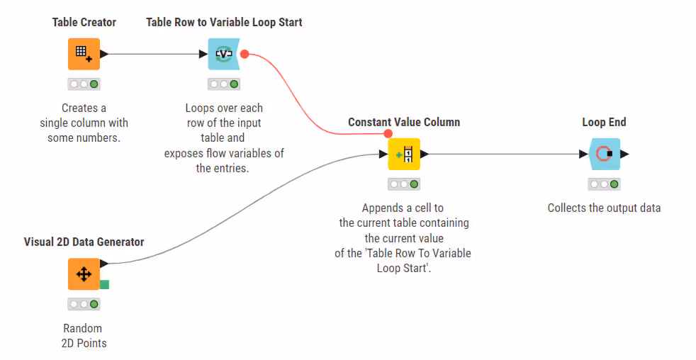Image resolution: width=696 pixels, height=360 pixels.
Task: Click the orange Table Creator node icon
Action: pyautogui.click(x=84, y=54)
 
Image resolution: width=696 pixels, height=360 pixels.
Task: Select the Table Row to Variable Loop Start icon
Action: pyautogui.click(x=224, y=54)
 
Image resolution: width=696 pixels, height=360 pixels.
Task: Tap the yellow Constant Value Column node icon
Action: pyautogui.click(x=404, y=154)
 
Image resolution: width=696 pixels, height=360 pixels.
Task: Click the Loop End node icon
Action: pyautogui.click(x=604, y=154)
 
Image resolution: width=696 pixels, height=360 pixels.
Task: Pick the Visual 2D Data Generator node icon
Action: pyautogui.click(x=84, y=274)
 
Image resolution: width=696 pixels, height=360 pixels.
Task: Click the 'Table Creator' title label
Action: pyautogui.click(x=84, y=23)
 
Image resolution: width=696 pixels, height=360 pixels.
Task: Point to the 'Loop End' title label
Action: pyautogui.click(x=604, y=123)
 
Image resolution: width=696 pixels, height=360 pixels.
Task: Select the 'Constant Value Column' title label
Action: pyautogui.click(x=404, y=123)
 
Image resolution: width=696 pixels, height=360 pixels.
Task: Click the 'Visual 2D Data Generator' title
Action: pyautogui.click(x=84, y=242)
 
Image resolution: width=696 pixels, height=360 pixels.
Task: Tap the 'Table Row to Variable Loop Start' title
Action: pyautogui.click(x=224, y=23)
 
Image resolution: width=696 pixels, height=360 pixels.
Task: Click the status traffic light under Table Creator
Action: pyautogui.click(x=84, y=84)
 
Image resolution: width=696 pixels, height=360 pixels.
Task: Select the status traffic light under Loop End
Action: pyautogui.click(x=604, y=184)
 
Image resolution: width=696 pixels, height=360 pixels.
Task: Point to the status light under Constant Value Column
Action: pyautogui.click(x=404, y=184)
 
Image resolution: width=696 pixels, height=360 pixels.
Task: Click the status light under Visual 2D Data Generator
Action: pyautogui.click(x=84, y=304)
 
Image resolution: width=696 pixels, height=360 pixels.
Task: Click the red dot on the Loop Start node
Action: pyautogui.click(x=245, y=54)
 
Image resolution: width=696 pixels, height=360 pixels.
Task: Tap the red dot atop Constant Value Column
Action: pyautogui.click(x=388, y=133)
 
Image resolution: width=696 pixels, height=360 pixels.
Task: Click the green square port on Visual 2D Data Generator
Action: pyautogui.click(x=104, y=284)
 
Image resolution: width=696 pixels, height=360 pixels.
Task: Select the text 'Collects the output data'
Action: pyautogui.click(x=604, y=208)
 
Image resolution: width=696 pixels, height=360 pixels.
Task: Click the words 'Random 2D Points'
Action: pyautogui.click(x=83, y=336)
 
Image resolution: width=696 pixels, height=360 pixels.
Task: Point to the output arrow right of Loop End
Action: pyautogui.click(x=624, y=154)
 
